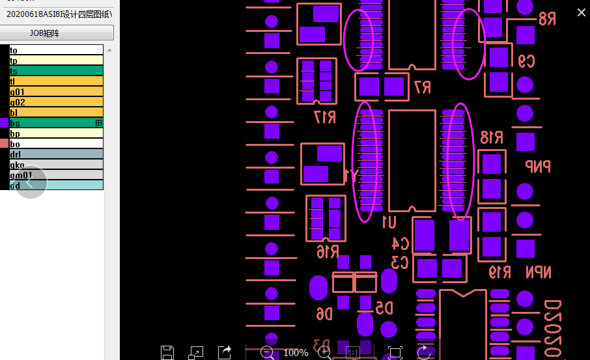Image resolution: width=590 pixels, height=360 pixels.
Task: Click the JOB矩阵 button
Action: (x=57, y=33)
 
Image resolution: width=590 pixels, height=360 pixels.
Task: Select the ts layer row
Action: (x=56, y=71)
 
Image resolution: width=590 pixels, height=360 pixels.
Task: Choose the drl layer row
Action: (x=56, y=154)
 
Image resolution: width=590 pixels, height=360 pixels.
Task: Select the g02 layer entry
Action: (x=56, y=102)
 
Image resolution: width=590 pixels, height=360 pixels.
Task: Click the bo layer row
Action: (x=56, y=144)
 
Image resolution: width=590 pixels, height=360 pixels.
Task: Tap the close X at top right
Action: (x=582, y=12)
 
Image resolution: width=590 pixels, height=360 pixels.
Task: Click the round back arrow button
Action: (x=30, y=182)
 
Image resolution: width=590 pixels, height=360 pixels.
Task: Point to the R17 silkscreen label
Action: (x=324, y=117)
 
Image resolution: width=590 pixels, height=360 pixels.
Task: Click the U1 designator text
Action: (x=388, y=222)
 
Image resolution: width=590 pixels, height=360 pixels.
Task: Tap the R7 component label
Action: (x=422, y=87)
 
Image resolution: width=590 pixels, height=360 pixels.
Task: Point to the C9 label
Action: (x=526, y=61)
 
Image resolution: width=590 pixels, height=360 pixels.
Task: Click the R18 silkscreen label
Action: (x=492, y=137)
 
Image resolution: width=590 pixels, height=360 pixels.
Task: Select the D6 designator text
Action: (x=324, y=314)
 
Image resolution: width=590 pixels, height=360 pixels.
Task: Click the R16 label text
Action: (x=327, y=252)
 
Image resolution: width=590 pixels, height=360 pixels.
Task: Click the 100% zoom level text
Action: (x=296, y=353)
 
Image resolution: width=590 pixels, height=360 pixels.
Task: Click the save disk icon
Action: (x=167, y=353)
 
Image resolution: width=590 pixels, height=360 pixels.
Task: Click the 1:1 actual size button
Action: (x=352, y=353)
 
